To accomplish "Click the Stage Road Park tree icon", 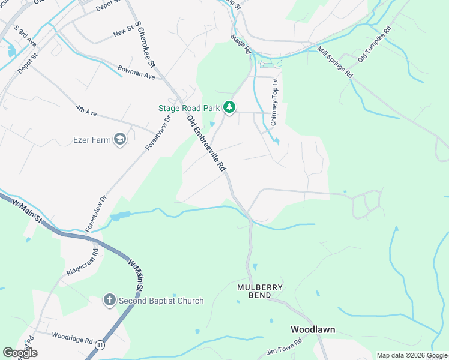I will [229, 107].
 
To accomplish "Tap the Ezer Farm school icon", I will [120, 140].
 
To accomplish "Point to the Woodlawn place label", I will [313, 329].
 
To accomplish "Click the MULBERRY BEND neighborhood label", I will [260, 291].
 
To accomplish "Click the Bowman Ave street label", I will [136, 73].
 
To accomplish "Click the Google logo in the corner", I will [20, 353].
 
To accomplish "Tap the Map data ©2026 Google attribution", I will [412, 355].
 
